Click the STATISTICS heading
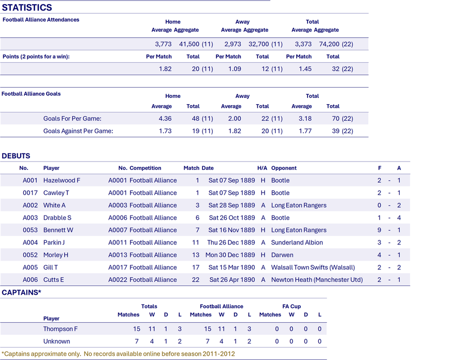tap(27, 7)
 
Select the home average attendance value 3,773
tap(163, 44)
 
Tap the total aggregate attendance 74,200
tap(329, 44)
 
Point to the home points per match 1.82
tap(165, 69)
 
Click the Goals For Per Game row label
tap(72, 119)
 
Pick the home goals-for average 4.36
tap(165, 119)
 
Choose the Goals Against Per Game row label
tap(78, 131)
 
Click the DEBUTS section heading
tap(16, 156)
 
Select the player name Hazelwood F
tap(62, 180)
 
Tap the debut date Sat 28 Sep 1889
tap(231, 206)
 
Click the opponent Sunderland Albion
tap(297, 242)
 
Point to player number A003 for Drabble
tap(31, 218)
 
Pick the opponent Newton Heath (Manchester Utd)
tap(317, 280)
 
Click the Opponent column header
tap(284, 168)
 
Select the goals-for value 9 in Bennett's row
tap(379, 230)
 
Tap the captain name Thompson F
tap(61, 329)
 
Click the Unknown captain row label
tap(56, 341)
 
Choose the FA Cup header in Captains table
tap(292, 306)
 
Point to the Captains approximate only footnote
tap(118, 354)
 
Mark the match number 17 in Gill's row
tap(196, 267)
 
